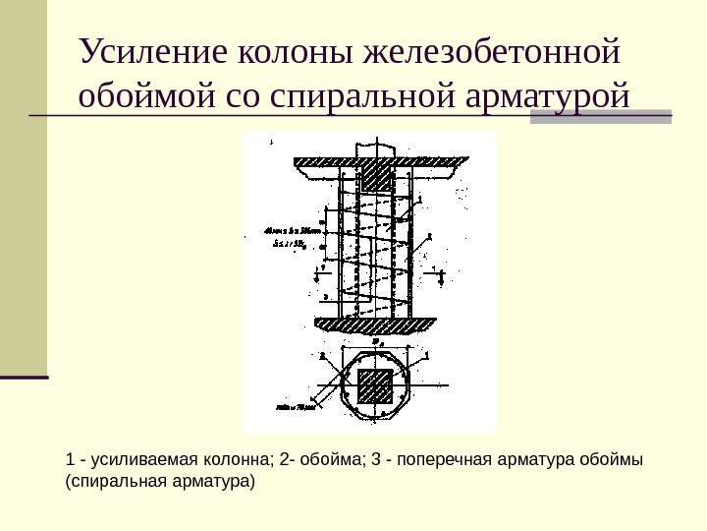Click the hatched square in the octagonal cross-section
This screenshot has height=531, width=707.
(x=375, y=386)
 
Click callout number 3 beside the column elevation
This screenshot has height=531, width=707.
(x=325, y=296)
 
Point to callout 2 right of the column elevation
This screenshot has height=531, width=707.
(x=429, y=237)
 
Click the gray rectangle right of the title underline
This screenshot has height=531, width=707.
(x=601, y=116)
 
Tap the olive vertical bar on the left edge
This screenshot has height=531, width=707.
(x=24, y=187)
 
